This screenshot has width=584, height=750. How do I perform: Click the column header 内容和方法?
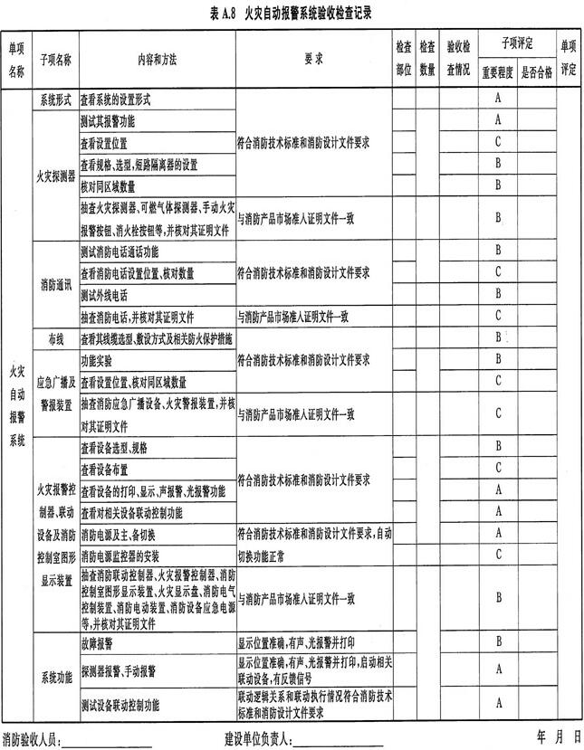[157, 59]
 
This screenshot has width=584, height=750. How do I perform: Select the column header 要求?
[313, 59]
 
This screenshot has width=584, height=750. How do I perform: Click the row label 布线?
[55, 337]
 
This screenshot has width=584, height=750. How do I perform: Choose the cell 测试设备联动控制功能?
[120, 703]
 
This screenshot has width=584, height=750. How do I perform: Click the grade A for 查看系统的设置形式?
[498, 98]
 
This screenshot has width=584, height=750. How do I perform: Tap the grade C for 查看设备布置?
[498, 468]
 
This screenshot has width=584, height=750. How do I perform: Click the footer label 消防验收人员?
[32, 740]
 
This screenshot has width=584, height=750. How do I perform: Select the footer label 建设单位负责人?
[258, 740]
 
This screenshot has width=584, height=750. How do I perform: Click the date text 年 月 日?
[558, 736]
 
